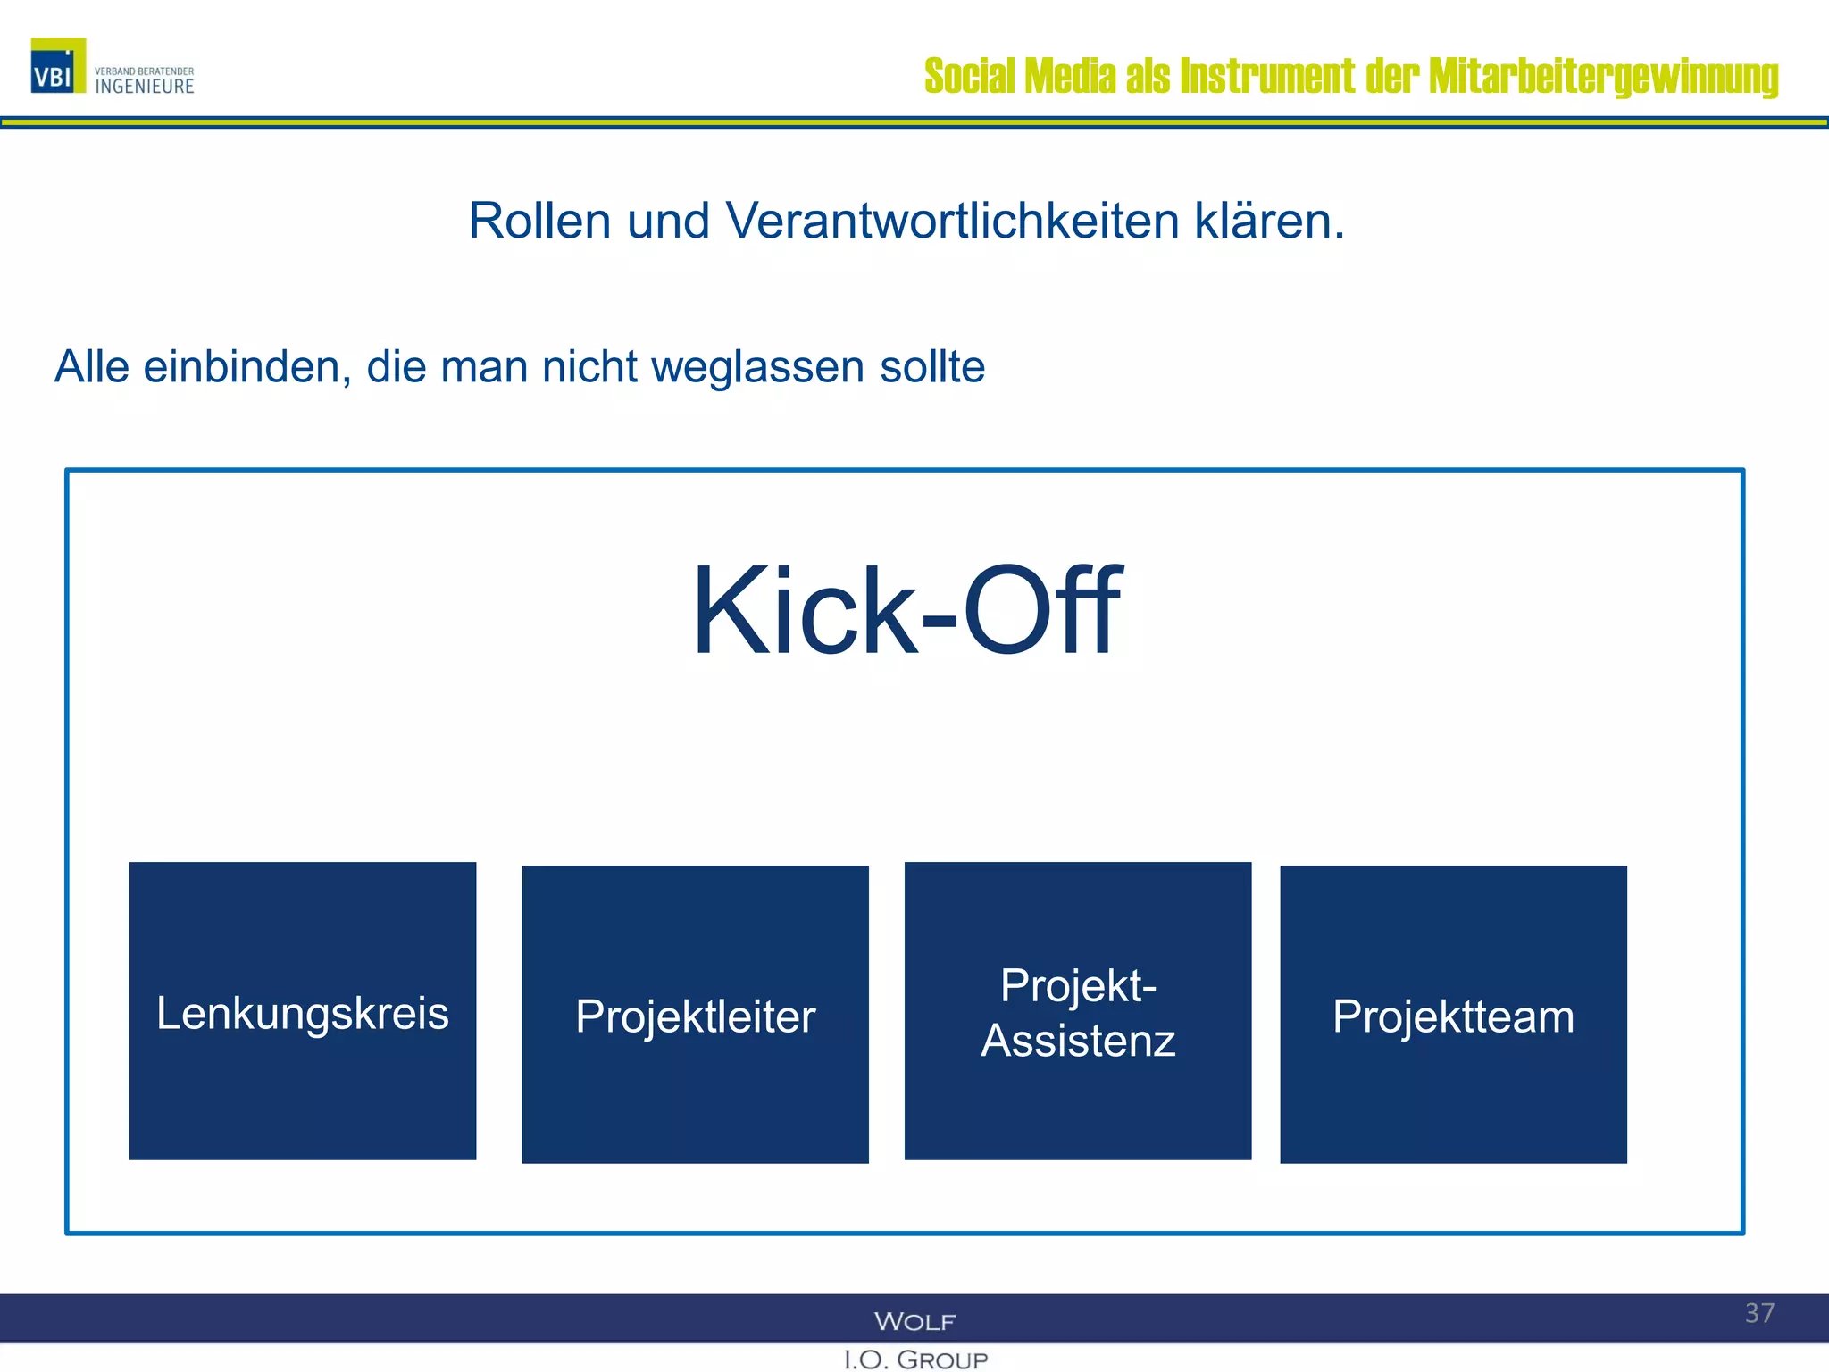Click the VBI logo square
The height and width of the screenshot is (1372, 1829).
coord(58,65)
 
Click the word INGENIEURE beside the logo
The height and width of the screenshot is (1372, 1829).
coord(145,87)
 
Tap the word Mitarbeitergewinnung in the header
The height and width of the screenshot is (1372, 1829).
coord(1603,76)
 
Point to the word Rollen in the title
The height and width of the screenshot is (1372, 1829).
coord(539,221)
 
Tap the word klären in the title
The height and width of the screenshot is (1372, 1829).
coord(1269,221)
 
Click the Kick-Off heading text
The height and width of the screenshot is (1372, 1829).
coord(906,612)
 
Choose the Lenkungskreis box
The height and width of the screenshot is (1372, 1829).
coord(303,1011)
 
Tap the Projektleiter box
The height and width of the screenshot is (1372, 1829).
coord(695,1015)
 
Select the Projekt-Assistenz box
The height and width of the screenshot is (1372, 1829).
coord(1078,1011)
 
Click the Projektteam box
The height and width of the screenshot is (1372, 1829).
coord(1453,1015)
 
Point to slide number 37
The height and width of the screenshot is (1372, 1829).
coord(1759,1313)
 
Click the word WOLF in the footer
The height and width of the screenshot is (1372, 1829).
coord(914,1321)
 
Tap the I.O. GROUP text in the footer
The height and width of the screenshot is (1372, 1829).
coord(915,1359)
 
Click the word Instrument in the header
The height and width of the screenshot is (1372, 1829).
coord(1267,76)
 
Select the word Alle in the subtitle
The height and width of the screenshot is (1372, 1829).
coord(92,367)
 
